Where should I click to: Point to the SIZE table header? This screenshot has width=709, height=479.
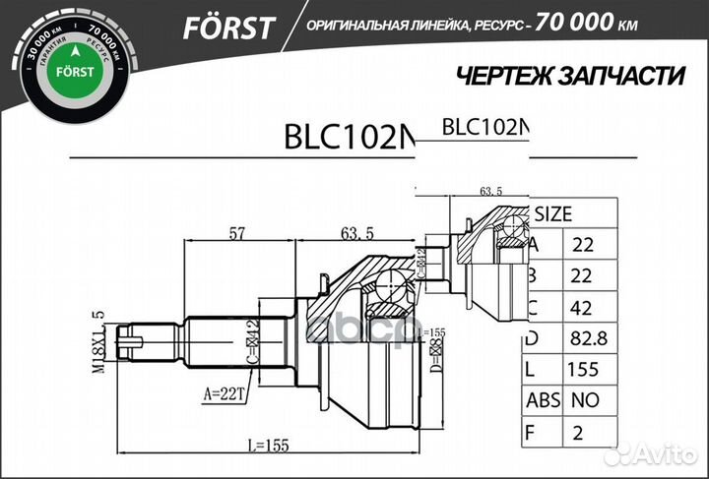(x=553, y=212)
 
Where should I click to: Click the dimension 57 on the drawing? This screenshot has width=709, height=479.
(x=236, y=233)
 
